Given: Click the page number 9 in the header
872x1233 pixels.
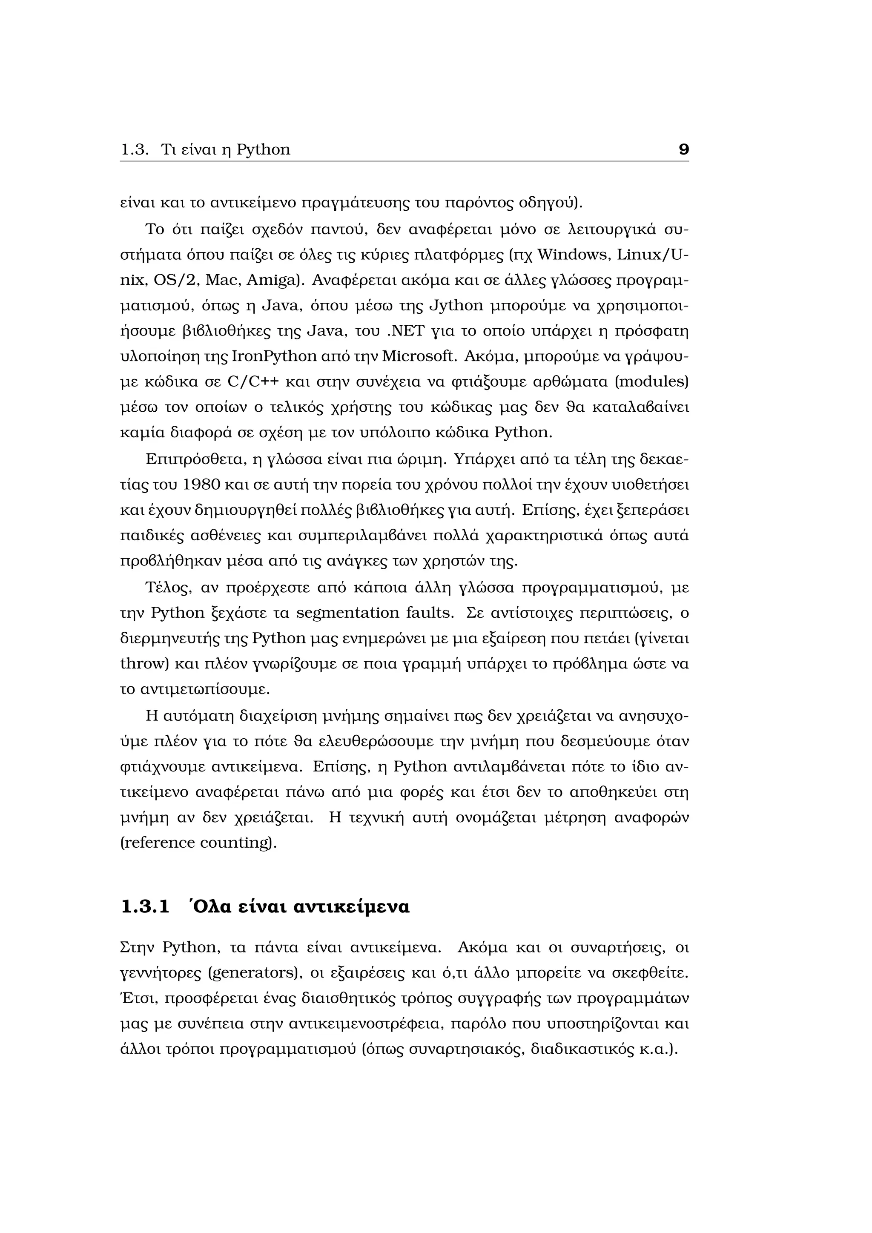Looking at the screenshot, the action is pos(683,149).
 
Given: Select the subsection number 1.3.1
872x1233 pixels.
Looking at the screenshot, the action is pos(145,907).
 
